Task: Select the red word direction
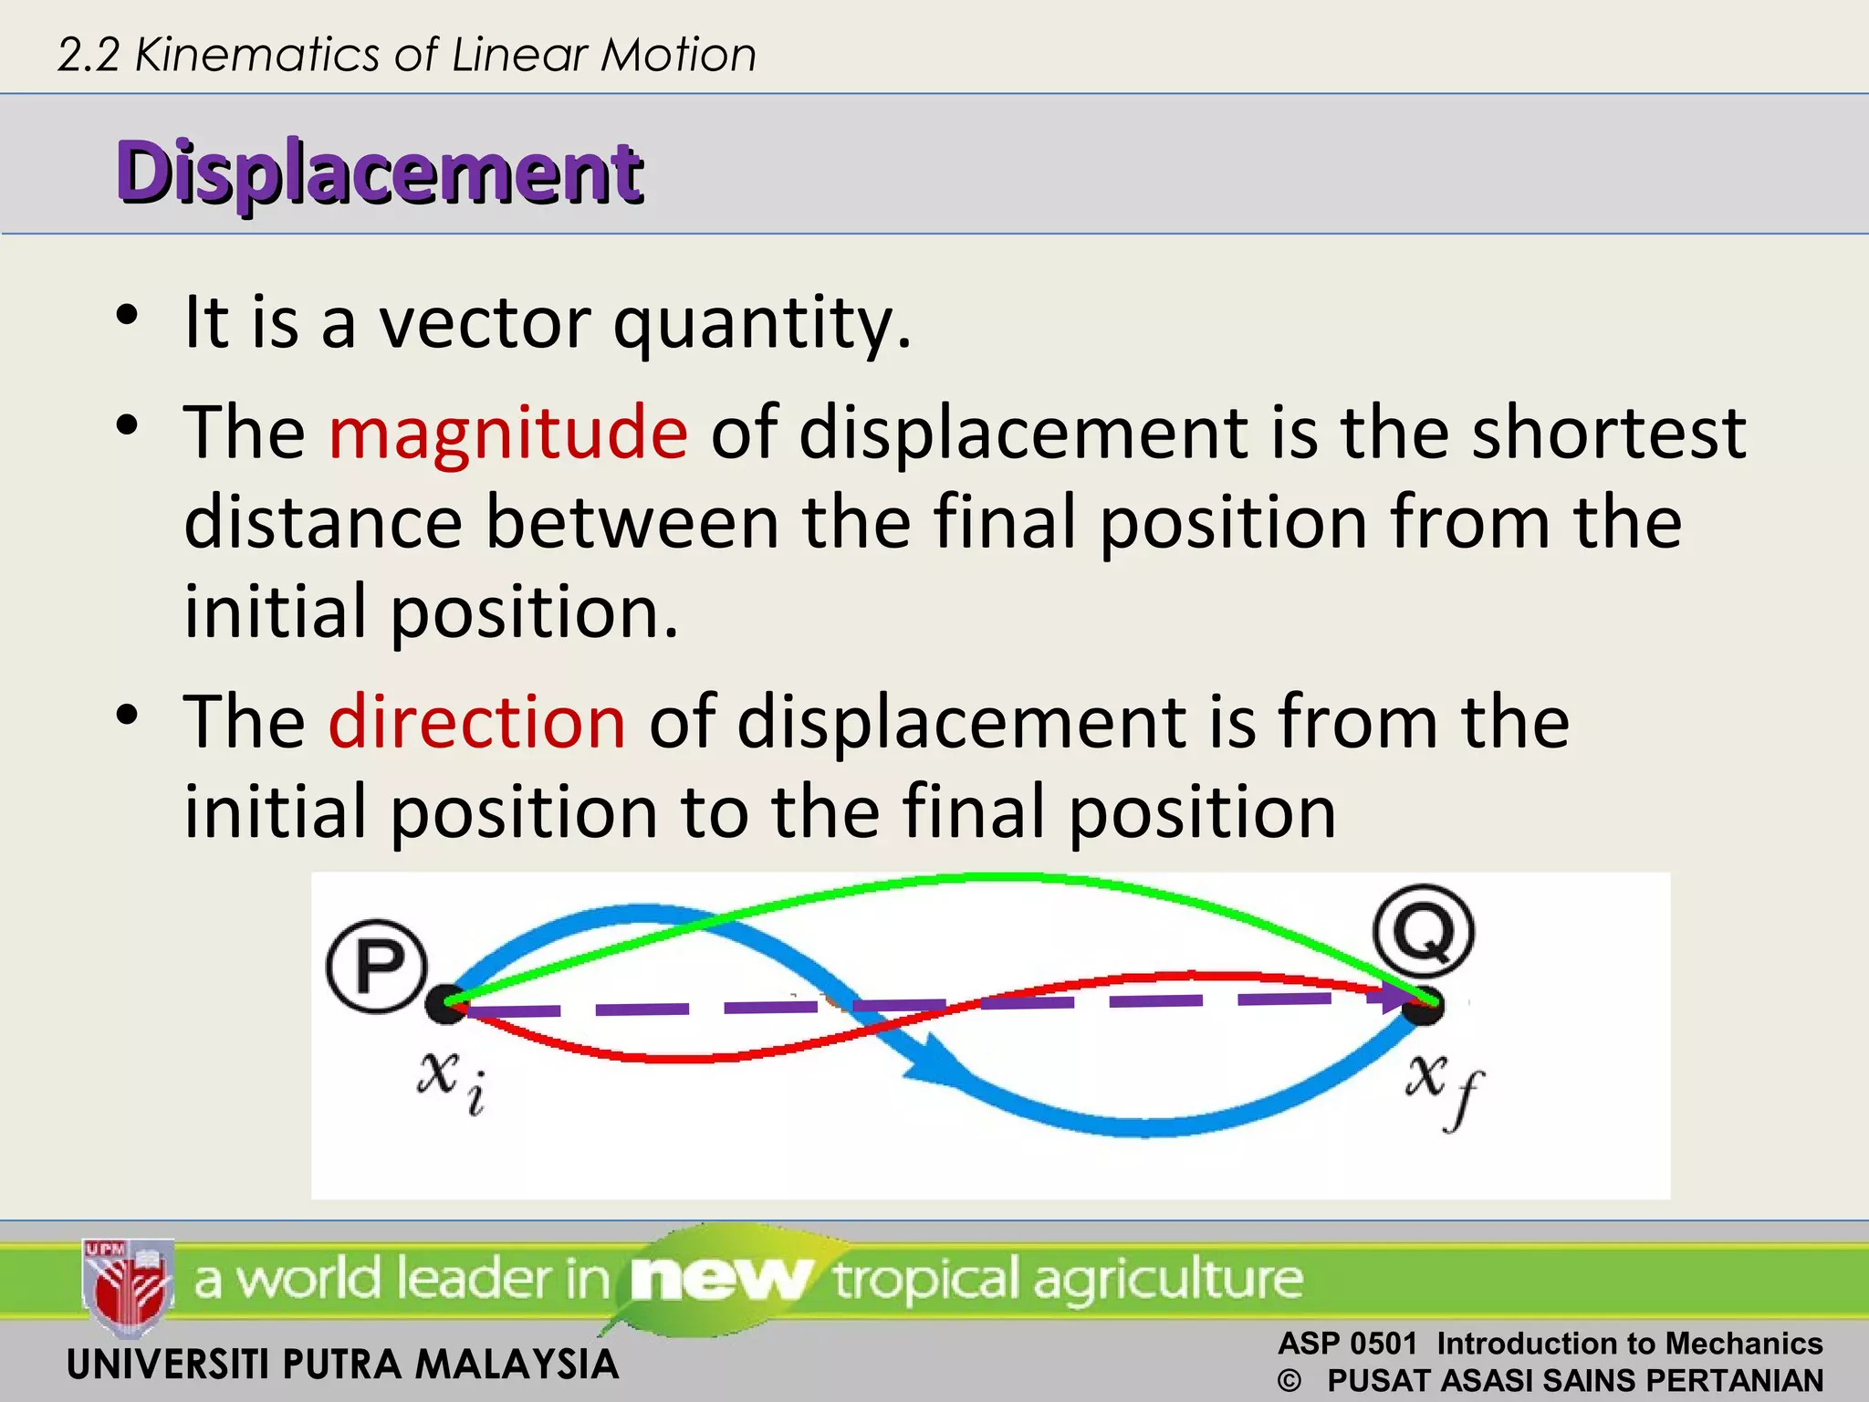pos(476,722)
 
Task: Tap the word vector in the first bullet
pos(485,323)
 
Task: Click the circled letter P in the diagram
pos(377,967)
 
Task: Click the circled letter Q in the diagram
pos(1424,932)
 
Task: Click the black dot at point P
pos(446,1004)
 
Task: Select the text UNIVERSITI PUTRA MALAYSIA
pos(343,1365)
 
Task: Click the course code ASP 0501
pos(1347,1344)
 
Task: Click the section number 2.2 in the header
pos(89,55)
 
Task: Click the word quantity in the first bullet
pos(761,325)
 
